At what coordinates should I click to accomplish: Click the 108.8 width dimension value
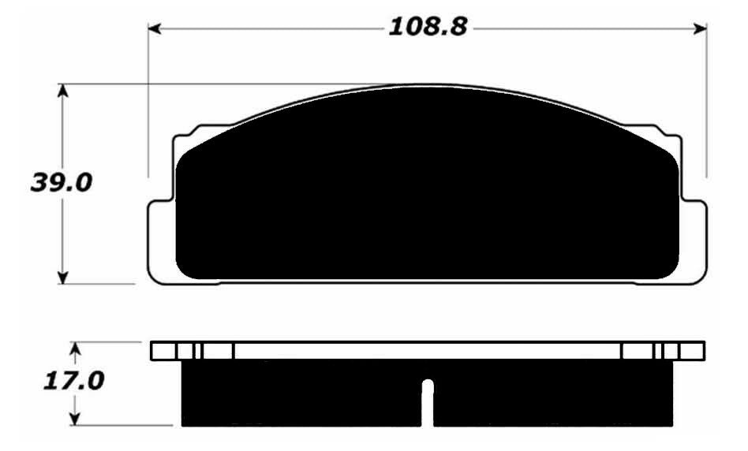click(x=428, y=27)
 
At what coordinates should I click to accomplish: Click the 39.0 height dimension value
click(x=61, y=183)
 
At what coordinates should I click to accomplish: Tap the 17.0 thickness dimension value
click(x=73, y=382)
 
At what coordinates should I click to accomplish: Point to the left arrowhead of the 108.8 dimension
click(x=154, y=29)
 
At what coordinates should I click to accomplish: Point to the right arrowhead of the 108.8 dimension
click(x=701, y=29)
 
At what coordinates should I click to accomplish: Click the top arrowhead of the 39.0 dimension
click(x=62, y=91)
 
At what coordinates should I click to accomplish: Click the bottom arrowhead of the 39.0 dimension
click(x=62, y=278)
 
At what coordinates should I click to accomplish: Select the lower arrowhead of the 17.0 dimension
click(x=74, y=419)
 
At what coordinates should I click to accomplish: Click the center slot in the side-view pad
click(x=428, y=403)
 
